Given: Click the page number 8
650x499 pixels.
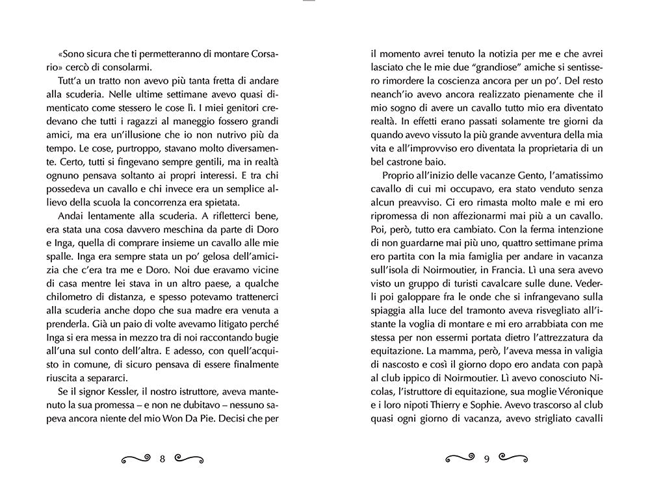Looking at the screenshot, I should pyautogui.click(x=162, y=459).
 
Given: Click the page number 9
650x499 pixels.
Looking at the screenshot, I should pyautogui.click(x=487, y=459).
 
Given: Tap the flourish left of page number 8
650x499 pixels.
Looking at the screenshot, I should pyautogui.click(x=136, y=459).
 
